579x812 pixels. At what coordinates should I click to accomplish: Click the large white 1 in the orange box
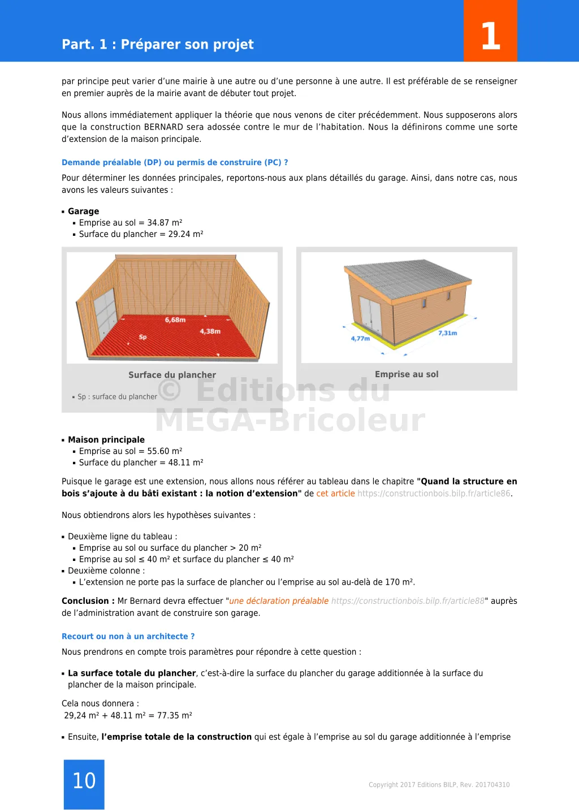click(490, 36)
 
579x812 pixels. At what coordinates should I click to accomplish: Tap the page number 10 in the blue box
click(84, 781)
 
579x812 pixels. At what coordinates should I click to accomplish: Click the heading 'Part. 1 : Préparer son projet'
click(158, 45)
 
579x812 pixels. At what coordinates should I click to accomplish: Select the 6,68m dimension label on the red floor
click(175, 320)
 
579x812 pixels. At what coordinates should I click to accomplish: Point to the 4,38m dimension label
click(210, 331)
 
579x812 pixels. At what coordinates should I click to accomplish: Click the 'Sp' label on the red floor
click(142, 337)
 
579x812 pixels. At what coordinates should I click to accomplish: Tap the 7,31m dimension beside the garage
click(447, 333)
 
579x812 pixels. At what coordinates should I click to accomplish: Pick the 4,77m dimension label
click(360, 339)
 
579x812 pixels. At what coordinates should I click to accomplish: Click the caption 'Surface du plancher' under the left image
click(172, 375)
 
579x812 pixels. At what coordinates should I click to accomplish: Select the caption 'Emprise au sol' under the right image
click(407, 374)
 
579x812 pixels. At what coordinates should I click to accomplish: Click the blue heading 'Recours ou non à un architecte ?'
click(128, 637)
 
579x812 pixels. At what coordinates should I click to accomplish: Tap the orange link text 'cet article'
click(335, 494)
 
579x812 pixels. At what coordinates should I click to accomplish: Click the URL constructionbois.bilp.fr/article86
click(434, 494)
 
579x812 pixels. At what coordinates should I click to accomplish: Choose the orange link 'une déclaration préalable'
click(279, 601)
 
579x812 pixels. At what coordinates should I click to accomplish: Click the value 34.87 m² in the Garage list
click(165, 223)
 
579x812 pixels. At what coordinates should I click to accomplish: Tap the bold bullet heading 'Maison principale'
click(106, 440)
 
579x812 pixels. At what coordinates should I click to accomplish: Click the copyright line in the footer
click(439, 785)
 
